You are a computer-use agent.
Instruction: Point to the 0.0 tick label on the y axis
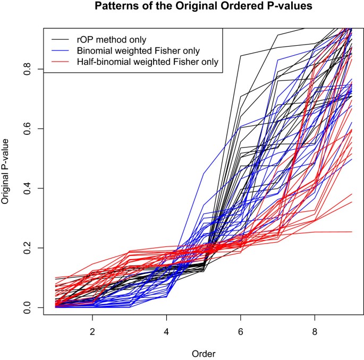click(x=27, y=307)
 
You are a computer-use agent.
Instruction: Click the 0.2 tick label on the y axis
click(x=27, y=248)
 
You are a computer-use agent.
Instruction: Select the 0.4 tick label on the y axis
click(x=27, y=188)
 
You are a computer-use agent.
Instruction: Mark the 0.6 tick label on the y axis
click(x=27, y=129)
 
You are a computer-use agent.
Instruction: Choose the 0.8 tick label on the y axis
click(x=27, y=70)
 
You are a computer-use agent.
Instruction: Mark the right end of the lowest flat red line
click(x=352, y=232)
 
